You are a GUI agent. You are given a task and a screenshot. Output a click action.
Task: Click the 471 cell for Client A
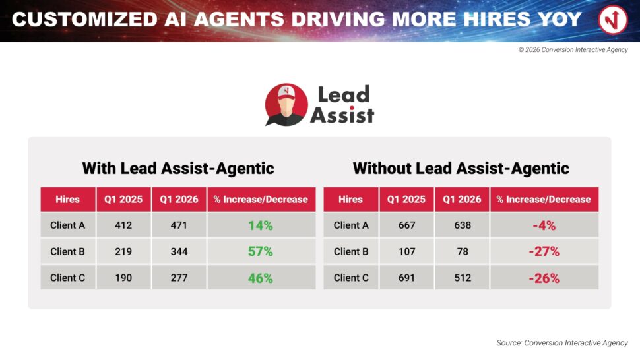coord(179,225)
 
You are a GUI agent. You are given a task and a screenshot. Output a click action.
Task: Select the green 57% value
coord(261,251)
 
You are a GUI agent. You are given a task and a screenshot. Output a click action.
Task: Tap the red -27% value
coord(544,251)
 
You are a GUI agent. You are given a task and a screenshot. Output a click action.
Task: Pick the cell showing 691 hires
coord(406,278)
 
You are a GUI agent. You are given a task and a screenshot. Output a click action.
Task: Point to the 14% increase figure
coord(261,225)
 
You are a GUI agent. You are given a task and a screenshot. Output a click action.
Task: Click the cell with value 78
coord(463,251)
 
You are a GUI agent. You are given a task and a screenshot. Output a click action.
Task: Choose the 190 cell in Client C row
coord(123,278)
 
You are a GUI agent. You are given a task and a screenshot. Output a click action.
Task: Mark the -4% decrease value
coord(544,225)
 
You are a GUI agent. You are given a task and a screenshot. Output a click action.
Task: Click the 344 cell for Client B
coord(179,251)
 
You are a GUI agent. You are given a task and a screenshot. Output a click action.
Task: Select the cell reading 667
coord(406,225)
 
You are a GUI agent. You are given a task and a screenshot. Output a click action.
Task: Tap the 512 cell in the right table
coord(463,278)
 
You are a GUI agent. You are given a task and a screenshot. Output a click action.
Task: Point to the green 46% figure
coord(261,278)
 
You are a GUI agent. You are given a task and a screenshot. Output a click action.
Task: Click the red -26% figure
coord(544,278)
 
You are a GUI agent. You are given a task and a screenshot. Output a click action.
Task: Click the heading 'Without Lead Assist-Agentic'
coord(461,168)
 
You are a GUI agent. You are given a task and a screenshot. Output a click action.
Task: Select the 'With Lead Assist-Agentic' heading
coord(178,168)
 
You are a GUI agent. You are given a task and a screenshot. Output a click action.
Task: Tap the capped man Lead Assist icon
coord(286,105)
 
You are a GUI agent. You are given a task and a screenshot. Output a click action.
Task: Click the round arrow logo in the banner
coord(613,19)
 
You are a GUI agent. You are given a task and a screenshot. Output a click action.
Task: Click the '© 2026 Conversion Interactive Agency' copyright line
coord(573,49)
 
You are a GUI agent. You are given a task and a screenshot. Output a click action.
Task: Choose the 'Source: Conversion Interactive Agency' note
coord(562,343)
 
